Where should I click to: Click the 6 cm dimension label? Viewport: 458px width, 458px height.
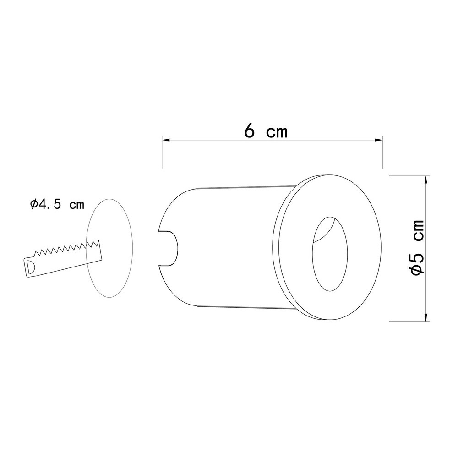pos(266,131)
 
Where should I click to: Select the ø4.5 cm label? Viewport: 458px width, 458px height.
pos(57,204)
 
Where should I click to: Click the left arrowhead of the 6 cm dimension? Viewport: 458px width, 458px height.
pos(166,140)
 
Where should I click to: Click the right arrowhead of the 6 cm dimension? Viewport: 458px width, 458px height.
pos(379,140)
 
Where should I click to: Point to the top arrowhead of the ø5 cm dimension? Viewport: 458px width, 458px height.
pos(426,180)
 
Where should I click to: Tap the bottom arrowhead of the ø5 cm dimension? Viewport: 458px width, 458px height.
pos(426,317)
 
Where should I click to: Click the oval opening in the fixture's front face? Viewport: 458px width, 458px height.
pos(330,254)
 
